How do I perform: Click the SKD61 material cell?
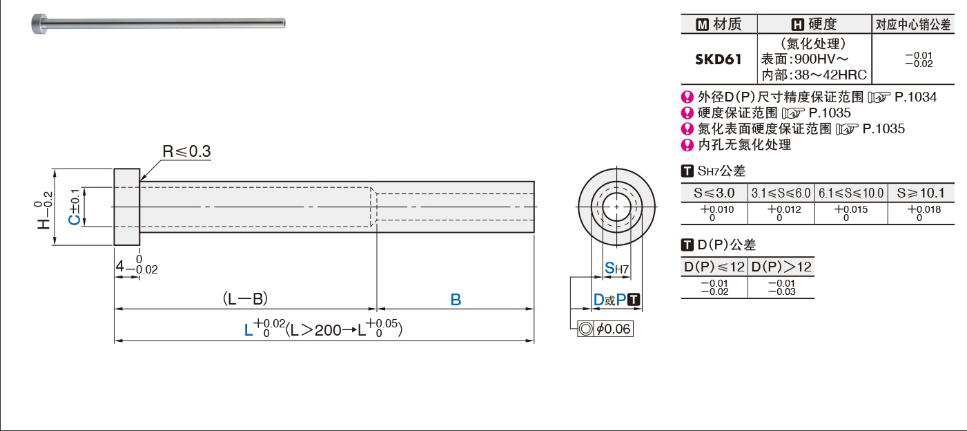[719, 59]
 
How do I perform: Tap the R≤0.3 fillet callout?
[186, 151]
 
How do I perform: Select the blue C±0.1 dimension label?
[75, 207]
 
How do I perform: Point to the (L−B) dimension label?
[245, 299]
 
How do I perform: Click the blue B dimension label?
[456, 300]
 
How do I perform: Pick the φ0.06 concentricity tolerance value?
[614, 329]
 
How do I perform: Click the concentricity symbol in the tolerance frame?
[586, 329]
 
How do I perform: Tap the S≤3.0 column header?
[714, 193]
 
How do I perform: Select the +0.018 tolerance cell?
[924, 213]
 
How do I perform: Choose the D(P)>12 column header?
[781, 267]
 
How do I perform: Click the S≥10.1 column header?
[921, 193]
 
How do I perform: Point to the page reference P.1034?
[916, 97]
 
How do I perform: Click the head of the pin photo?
[39, 23]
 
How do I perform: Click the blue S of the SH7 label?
[609, 268]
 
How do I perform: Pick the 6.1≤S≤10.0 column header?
[851, 193]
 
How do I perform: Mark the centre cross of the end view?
[616, 207]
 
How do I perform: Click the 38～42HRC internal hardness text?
[830, 75]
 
